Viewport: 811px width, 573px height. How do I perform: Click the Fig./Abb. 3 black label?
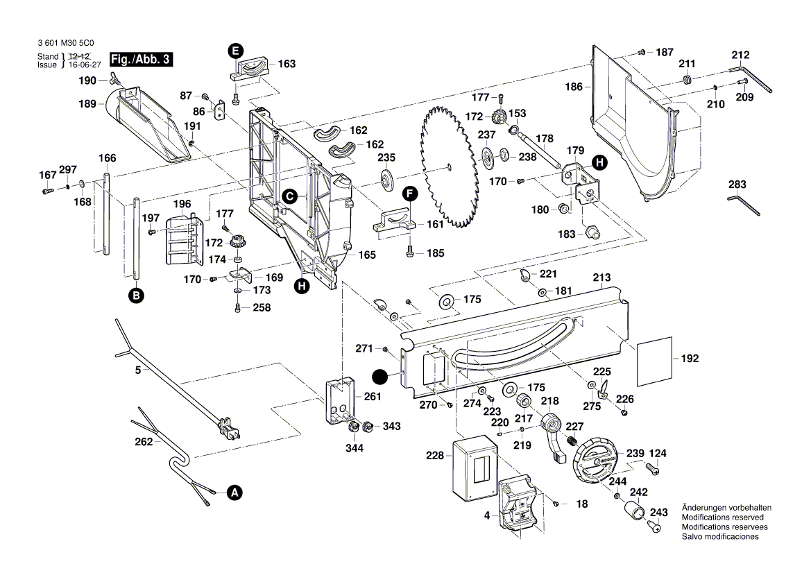[141, 60]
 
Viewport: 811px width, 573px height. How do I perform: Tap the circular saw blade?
[447, 166]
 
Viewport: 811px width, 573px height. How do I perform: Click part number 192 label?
[690, 359]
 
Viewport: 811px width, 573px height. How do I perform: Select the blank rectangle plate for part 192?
[654, 359]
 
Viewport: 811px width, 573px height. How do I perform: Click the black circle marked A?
[234, 493]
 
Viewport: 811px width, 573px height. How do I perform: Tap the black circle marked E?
[236, 50]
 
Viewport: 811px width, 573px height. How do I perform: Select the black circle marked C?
[289, 196]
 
